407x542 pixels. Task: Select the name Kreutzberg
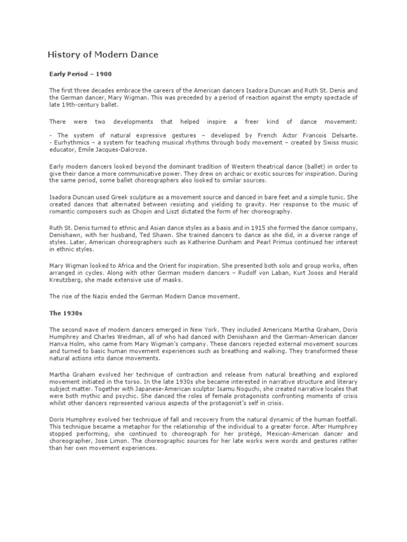66,279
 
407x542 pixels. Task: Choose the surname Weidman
134,337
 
